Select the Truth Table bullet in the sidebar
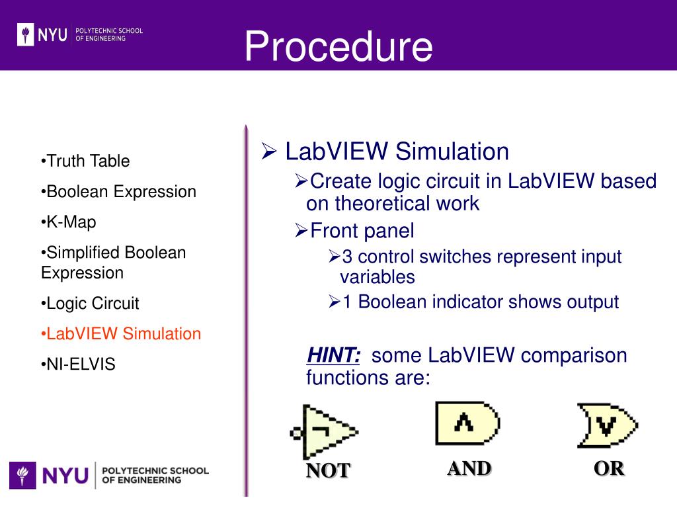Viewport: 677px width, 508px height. (85, 161)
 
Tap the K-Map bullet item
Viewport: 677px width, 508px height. (69, 222)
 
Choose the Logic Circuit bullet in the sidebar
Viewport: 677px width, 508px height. (90, 304)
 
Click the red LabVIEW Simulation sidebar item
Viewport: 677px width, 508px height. (121, 334)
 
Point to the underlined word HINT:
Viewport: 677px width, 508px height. (333, 356)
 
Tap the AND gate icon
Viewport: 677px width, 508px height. (467, 423)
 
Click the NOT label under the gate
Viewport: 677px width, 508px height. (327, 470)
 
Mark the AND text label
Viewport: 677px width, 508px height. (469, 468)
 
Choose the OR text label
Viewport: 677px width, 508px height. (608, 468)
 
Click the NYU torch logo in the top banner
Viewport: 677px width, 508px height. (26, 34)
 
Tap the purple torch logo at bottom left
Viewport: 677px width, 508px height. (22, 475)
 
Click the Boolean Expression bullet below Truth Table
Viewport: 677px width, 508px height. (118, 192)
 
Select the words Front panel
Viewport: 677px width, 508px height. (362, 231)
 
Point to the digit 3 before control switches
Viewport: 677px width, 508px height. (347, 257)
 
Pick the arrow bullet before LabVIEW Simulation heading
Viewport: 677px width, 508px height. (268, 153)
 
